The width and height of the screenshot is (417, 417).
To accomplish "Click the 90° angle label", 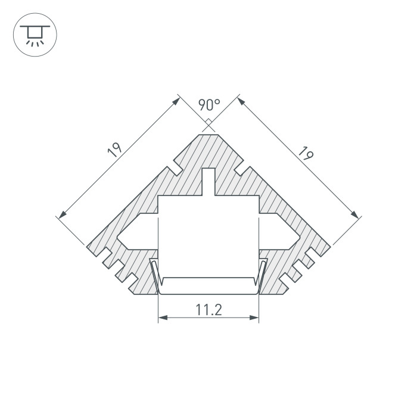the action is click(209, 104).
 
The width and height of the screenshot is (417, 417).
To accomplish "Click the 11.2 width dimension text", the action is click(208, 310).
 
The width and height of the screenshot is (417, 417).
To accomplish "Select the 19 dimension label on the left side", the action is click(114, 150).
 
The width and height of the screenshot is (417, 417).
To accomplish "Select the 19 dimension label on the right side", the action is click(306, 154).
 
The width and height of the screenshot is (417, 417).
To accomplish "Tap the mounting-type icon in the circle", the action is click(35, 35).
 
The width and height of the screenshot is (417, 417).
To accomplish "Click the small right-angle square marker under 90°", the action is click(208, 122).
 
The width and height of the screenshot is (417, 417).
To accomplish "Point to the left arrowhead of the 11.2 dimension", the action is click(163, 318).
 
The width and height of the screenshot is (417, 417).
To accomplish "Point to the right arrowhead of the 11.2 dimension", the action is click(254, 318).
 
